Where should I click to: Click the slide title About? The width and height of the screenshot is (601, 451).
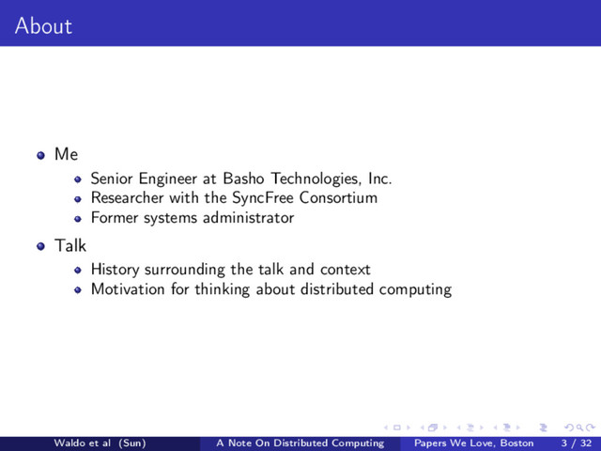tap(43, 26)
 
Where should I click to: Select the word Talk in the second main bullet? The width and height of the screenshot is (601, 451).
tap(70, 246)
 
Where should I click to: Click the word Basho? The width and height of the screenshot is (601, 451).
tap(247, 178)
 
